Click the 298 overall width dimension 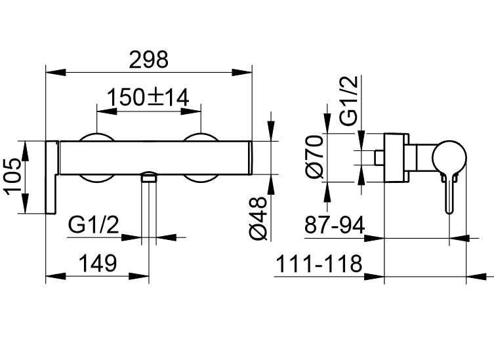click(148, 59)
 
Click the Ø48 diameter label click(260, 218)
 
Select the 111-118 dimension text click(318, 264)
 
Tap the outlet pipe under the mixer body click(150, 207)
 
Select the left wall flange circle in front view click(97, 157)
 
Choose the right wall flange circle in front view click(201, 157)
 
